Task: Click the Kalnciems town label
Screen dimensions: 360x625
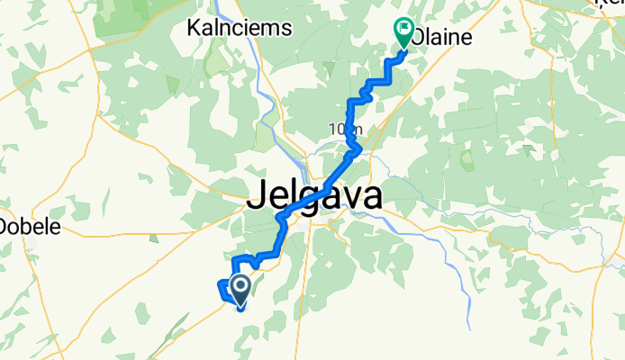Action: [x=239, y=28]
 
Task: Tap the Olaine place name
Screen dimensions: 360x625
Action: [x=441, y=39]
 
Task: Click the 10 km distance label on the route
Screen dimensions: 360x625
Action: [x=345, y=130]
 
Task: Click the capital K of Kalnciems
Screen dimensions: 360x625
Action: [x=193, y=28]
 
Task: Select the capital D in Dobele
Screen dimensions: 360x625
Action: [x=6, y=226]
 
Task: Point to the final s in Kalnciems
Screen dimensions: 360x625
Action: [x=286, y=29]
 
